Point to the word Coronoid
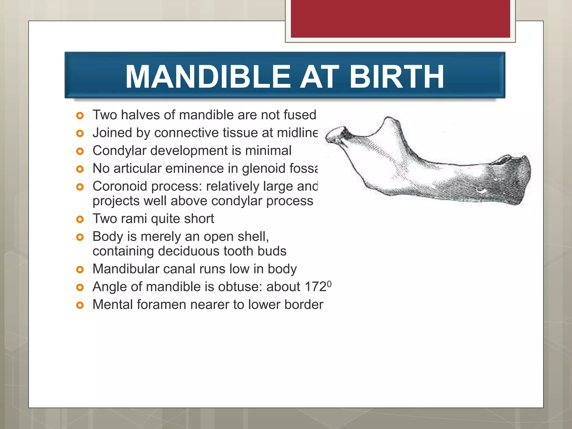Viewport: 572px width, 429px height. point(120,186)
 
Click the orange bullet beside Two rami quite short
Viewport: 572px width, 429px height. point(80,219)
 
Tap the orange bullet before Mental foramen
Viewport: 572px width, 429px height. point(80,305)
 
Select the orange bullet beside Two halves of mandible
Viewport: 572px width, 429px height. point(80,115)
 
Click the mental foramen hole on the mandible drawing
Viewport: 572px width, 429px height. point(481,190)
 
